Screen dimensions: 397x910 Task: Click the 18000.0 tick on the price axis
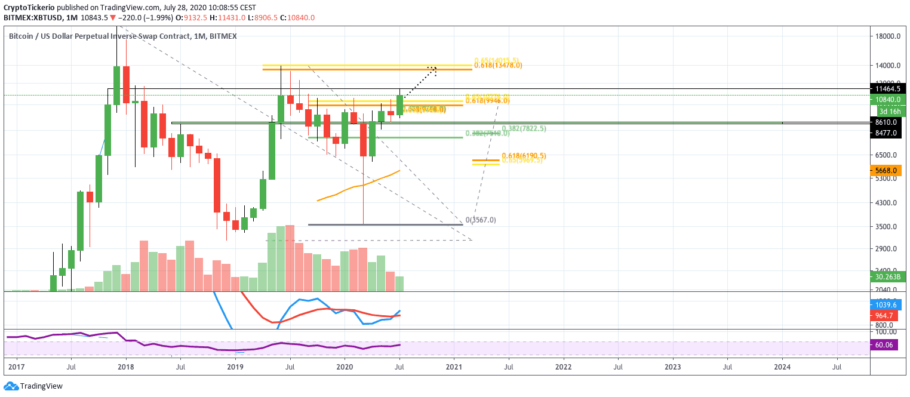tap(887, 36)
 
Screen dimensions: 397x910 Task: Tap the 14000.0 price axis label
tap(887, 65)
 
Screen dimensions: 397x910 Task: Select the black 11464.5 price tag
tap(888, 88)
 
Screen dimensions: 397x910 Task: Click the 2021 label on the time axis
tap(454, 365)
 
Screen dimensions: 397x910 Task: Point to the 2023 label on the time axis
tap(673, 365)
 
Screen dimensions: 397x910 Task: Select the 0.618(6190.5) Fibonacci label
tap(524, 156)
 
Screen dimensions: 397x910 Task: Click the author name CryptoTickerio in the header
tap(28, 8)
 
